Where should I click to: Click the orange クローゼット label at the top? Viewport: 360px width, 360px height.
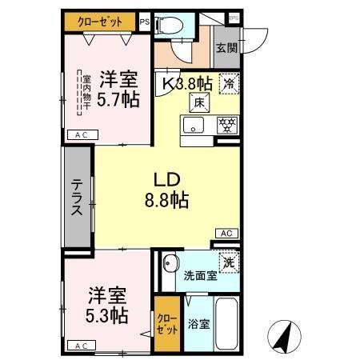click(99, 22)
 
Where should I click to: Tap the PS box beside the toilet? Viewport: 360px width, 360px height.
click(144, 22)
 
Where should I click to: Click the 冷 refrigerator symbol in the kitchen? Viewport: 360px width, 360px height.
click(230, 82)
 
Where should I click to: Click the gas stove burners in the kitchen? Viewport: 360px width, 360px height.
click(228, 126)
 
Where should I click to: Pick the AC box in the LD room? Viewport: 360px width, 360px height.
click(226, 233)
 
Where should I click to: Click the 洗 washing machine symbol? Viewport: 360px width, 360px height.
click(229, 262)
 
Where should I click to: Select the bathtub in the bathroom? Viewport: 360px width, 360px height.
click(227, 325)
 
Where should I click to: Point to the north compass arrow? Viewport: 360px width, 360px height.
click(283, 335)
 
